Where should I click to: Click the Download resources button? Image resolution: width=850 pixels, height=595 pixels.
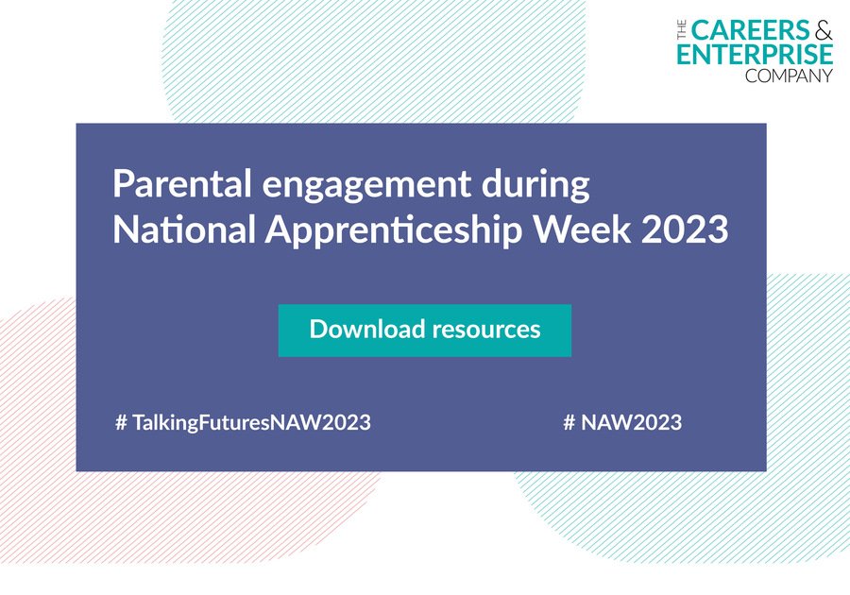(424, 331)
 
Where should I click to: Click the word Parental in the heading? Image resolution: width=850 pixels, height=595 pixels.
(182, 183)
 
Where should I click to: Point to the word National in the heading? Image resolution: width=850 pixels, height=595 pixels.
(184, 229)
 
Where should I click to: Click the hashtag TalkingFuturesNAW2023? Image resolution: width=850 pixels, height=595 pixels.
(244, 423)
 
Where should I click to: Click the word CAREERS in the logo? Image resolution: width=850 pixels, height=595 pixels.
(751, 30)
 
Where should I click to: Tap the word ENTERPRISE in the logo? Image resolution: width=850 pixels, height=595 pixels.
(755, 54)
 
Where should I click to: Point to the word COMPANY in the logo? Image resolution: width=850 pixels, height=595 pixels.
(789, 76)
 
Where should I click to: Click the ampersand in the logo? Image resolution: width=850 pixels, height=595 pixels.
(824, 30)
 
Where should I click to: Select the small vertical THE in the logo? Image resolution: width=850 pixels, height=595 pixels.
(682, 30)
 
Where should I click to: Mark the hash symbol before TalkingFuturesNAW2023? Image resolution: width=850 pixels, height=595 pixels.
(122, 422)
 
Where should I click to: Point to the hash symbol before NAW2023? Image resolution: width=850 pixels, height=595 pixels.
(569, 422)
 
